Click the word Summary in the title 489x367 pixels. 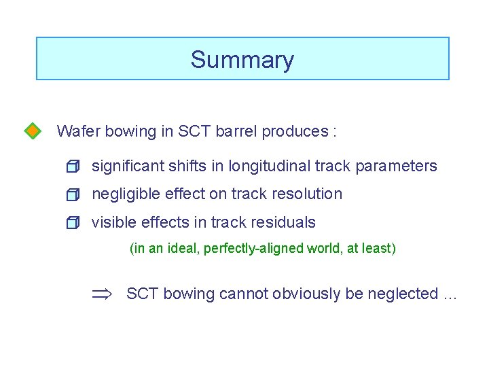(242, 60)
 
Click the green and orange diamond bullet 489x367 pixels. (31, 130)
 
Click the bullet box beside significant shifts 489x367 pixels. (73, 167)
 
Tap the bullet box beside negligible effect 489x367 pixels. (73, 195)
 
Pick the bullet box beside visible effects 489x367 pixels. (73, 223)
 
